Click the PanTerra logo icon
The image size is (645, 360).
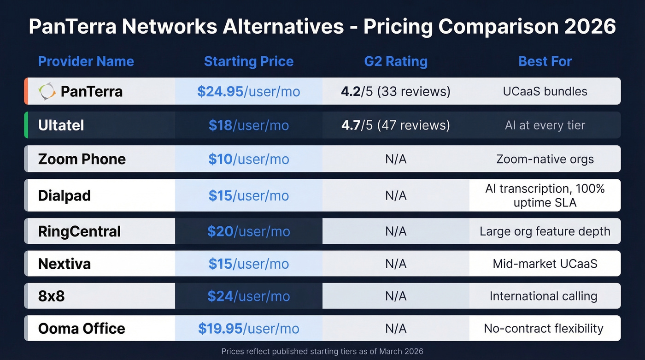(x=47, y=91)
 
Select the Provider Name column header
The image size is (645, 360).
(x=86, y=61)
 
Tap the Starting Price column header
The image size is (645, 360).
(x=249, y=61)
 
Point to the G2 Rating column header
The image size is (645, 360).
(x=396, y=61)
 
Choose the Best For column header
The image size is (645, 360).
(x=545, y=61)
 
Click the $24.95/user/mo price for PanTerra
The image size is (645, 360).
(x=249, y=91)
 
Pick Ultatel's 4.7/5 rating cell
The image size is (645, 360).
(x=396, y=125)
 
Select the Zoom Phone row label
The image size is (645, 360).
(x=82, y=159)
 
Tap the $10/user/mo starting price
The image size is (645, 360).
(x=249, y=159)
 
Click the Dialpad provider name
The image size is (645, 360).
(x=64, y=195)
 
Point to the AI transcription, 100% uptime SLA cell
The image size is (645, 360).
(x=545, y=195)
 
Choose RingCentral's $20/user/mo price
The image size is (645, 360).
(x=249, y=231)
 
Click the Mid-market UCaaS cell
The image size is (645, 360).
(x=545, y=264)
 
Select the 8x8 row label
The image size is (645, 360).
(x=52, y=296)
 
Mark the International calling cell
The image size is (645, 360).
(x=544, y=296)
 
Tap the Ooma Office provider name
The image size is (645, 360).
(x=82, y=328)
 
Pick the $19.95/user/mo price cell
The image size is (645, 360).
(x=249, y=328)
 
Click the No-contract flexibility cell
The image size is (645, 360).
(x=544, y=328)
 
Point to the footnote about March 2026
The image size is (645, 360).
(x=322, y=351)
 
